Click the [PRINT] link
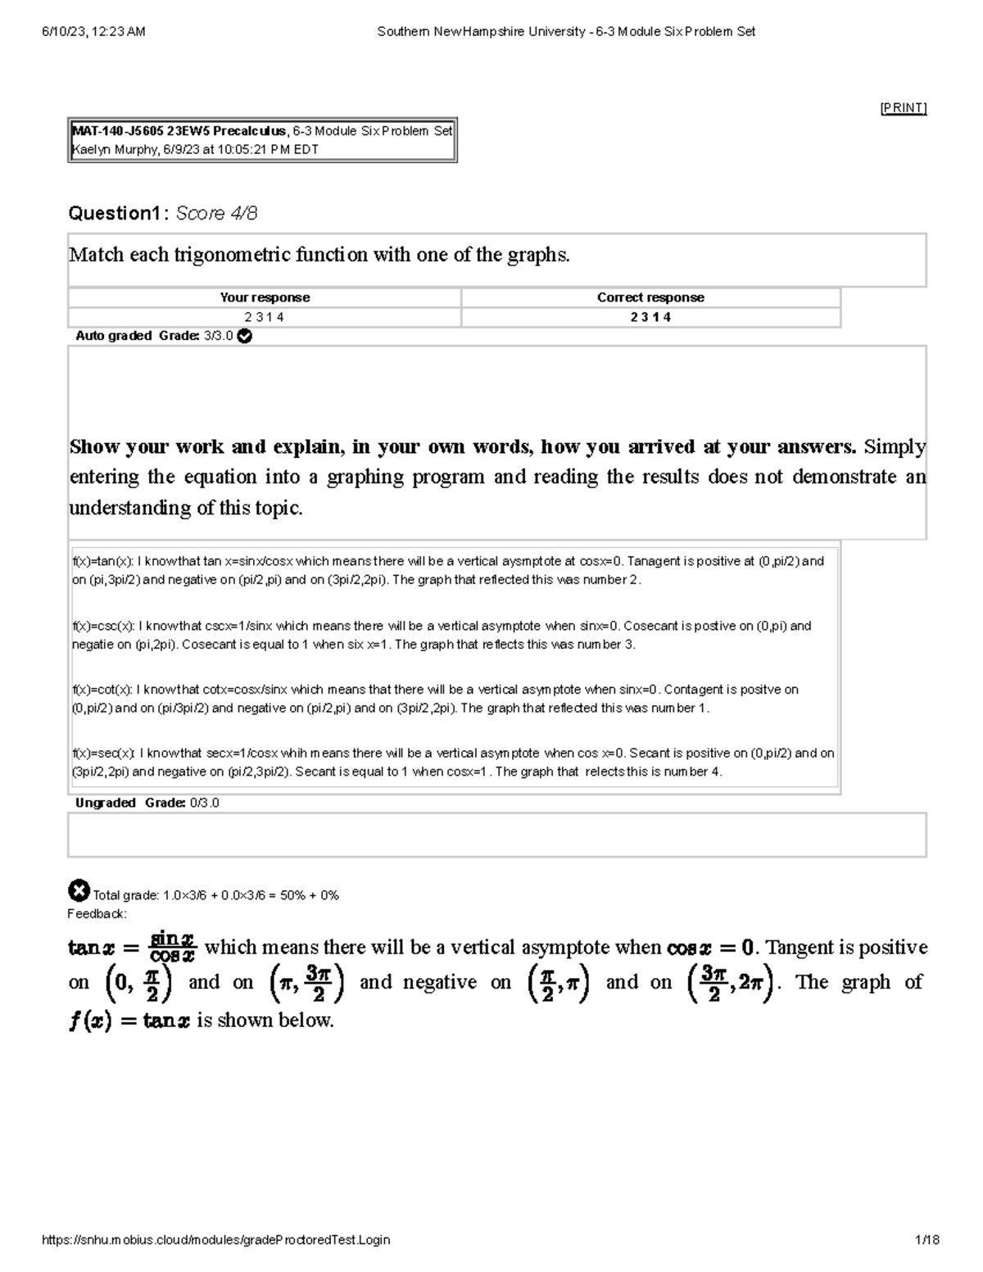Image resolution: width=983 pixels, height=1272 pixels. point(903,108)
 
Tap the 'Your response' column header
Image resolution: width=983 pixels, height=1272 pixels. point(265,297)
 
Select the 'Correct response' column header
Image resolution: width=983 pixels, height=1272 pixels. point(650,297)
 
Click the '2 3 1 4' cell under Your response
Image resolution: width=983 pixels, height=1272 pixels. point(265,317)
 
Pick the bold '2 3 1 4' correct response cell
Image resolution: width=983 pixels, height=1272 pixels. point(650,317)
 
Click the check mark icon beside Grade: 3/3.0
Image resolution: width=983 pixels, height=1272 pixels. point(244,336)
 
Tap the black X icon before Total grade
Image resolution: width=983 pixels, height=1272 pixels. point(79,890)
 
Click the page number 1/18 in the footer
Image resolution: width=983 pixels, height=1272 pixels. point(928,1240)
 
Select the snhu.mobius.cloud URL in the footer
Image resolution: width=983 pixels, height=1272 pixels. point(215,1240)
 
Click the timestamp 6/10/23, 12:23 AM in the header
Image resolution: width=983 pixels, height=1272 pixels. point(93,32)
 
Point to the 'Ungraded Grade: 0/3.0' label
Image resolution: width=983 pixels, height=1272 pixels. point(147,803)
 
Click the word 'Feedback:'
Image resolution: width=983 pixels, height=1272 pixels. point(97,913)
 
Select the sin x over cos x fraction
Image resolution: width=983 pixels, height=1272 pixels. point(172,947)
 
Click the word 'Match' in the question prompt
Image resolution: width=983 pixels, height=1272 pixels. point(96,255)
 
